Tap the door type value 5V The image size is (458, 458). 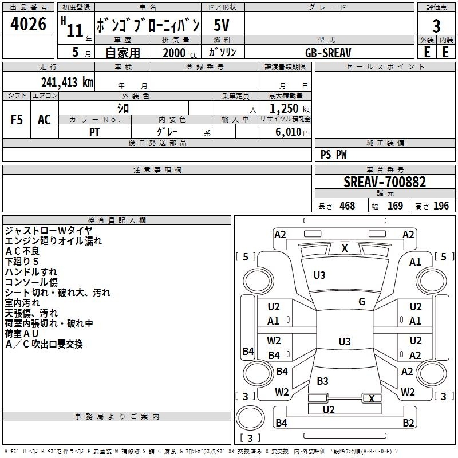click(223, 25)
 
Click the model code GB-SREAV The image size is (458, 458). click(328, 52)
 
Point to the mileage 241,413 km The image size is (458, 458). click(67, 82)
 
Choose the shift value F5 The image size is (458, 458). click(17, 119)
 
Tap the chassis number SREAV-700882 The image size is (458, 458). click(385, 182)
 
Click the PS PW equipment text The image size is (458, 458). click(333, 155)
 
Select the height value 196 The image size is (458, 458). click(441, 206)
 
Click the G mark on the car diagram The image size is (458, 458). click(362, 302)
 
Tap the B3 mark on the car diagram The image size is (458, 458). click(323, 381)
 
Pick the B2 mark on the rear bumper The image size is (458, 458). click(408, 423)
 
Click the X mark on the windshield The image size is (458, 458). click(345, 248)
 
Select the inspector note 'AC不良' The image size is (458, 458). click(22, 251)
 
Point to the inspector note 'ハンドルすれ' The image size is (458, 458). click(31, 272)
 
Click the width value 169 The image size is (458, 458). click(395, 206)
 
